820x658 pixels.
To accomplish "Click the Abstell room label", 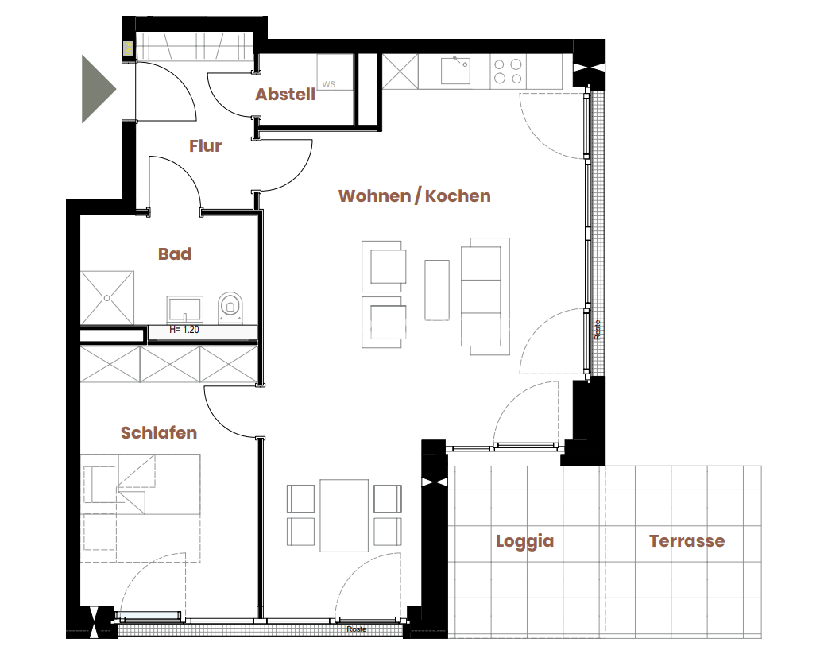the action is [x=285, y=94].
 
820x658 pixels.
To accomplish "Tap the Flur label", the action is [x=206, y=145].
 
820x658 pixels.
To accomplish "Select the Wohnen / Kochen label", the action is [x=414, y=195].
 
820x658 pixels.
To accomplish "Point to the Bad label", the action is [x=175, y=254].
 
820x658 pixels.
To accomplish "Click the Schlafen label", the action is [x=159, y=432].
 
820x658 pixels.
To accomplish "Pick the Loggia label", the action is [x=524, y=541].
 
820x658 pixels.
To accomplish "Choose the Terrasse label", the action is [x=687, y=541].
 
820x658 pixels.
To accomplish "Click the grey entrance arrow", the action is [x=98, y=89].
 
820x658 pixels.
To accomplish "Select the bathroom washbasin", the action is [x=184, y=310].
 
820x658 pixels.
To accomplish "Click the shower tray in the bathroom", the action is [x=107, y=298].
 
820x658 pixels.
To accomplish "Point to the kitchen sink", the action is [x=455, y=71].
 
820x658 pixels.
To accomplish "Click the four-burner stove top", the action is [x=509, y=72].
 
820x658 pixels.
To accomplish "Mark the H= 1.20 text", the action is [x=184, y=330].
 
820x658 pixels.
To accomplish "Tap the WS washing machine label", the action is [x=329, y=84].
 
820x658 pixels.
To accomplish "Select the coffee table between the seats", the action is [x=437, y=290].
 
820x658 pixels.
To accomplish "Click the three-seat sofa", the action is [x=485, y=296].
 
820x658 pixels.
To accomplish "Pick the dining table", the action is [x=344, y=516].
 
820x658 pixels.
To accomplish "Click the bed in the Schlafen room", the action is [x=141, y=508].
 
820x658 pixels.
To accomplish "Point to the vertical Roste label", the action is [x=598, y=330].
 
